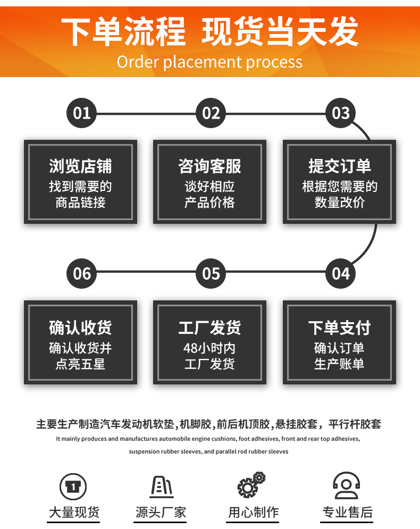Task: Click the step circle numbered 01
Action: (x=82, y=113)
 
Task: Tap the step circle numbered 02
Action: (x=211, y=113)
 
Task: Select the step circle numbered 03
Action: (x=340, y=113)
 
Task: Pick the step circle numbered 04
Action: (x=340, y=273)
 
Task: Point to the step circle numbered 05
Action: (x=211, y=273)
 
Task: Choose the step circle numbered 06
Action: (x=82, y=273)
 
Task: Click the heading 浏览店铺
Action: (x=80, y=166)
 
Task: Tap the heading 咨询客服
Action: (x=209, y=166)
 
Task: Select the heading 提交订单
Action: (x=339, y=166)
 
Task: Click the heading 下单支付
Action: (x=339, y=328)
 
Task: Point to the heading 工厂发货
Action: (x=209, y=328)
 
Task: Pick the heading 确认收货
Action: (x=80, y=328)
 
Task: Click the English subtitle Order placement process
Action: (x=209, y=62)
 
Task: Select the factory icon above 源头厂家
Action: (x=161, y=486)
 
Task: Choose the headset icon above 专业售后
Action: (x=347, y=486)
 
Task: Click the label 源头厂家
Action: (x=161, y=513)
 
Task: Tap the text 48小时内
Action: (x=209, y=348)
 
